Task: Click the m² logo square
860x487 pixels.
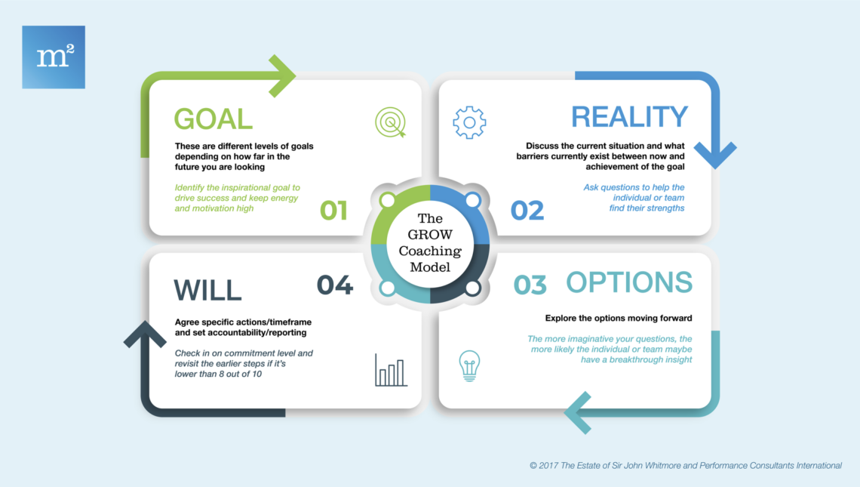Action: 54,57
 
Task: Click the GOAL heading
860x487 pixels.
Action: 213,119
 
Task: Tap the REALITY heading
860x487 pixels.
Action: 629,116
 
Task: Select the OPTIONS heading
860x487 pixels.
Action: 629,282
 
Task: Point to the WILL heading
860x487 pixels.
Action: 207,291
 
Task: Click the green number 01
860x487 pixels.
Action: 333,211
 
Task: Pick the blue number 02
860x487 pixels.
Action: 527,211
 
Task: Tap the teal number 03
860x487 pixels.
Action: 530,285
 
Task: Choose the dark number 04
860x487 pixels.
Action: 334,285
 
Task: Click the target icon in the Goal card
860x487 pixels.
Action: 391,122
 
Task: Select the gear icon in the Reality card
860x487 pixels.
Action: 469,122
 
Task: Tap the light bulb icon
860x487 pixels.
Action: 469,365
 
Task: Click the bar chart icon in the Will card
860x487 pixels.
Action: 391,370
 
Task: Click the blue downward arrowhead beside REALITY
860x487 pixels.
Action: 715,155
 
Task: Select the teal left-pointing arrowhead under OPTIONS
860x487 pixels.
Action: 578,413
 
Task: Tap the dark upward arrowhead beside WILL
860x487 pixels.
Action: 145,334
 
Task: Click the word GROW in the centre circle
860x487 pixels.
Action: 430,235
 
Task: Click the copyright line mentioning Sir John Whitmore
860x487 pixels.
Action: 686,466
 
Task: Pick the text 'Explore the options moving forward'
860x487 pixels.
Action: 619,318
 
